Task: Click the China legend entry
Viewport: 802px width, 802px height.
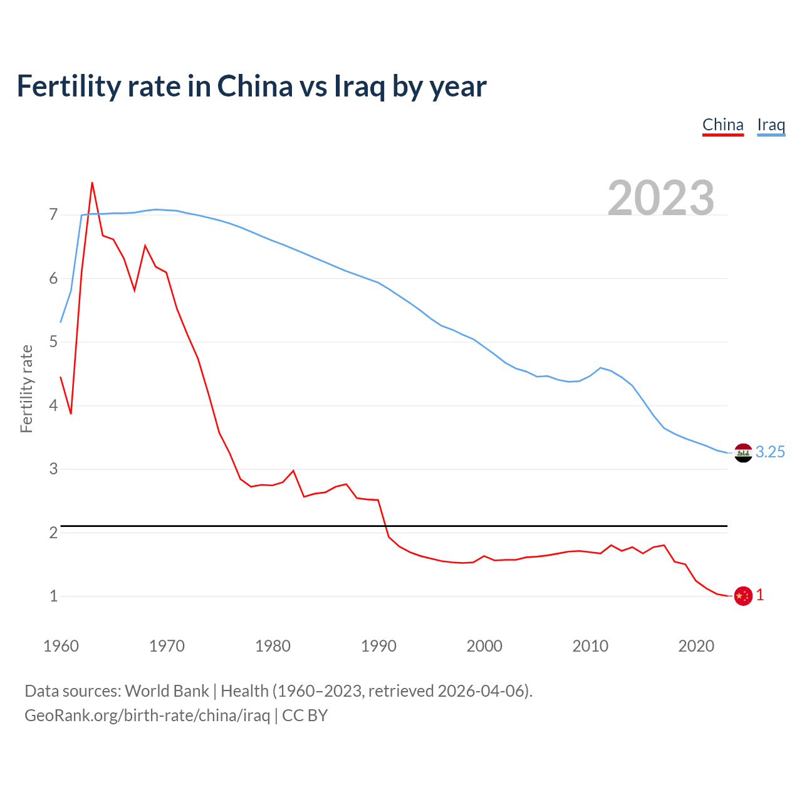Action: (722, 125)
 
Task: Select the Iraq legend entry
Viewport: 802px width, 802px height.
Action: (771, 125)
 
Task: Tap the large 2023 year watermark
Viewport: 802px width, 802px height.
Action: (661, 198)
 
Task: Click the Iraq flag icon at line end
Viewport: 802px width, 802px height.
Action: (743, 452)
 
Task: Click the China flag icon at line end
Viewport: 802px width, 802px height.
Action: (743, 596)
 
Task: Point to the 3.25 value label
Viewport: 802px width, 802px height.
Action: (770, 452)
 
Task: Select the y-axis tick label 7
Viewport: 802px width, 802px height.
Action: (53, 215)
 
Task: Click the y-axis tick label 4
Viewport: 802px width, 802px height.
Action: (53, 405)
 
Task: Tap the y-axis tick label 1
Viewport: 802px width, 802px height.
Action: (53, 596)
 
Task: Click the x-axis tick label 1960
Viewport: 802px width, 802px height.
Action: (61, 646)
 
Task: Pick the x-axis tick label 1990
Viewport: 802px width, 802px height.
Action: (378, 646)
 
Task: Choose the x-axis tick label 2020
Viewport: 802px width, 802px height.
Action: (696, 646)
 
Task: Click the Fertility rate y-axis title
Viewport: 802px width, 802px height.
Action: (26, 388)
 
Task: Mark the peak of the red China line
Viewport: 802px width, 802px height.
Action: (92, 183)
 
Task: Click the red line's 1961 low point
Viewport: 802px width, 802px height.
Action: (71, 414)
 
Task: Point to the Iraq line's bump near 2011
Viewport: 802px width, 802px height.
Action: (601, 368)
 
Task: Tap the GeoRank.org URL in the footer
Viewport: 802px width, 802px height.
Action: (147, 716)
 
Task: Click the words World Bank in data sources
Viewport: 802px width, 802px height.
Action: (167, 691)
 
